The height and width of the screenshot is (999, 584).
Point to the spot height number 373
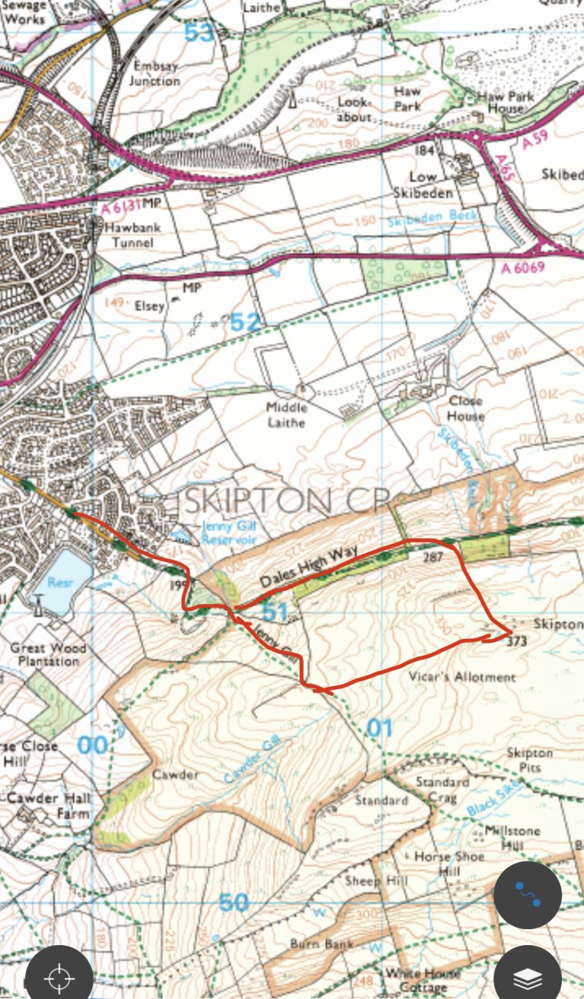click(516, 640)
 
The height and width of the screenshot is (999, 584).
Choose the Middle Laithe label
click(286, 415)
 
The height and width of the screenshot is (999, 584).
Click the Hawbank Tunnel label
click(129, 235)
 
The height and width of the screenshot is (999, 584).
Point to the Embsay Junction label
click(154, 73)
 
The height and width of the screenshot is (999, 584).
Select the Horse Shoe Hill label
click(449, 864)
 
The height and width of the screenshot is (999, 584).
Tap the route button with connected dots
click(528, 895)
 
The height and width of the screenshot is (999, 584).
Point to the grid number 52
click(245, 322)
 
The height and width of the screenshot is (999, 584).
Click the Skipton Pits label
click(530, 759)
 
